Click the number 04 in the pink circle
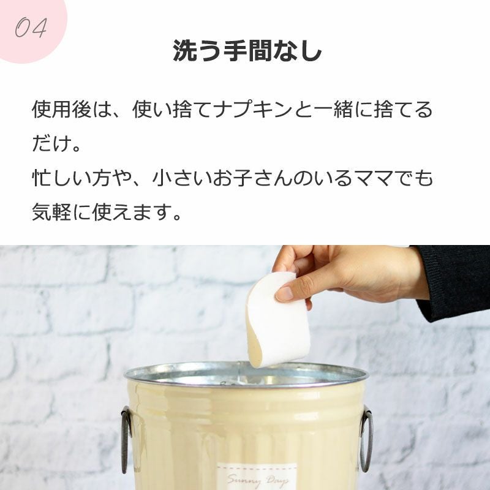[x=31, y=28]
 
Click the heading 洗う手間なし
[x=247, y=51]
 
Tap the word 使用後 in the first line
[x=62, y=110]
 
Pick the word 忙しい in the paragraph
[x=62, y=178]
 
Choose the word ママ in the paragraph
[x=374, y=178]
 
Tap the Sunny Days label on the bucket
[x=257, y=477]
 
